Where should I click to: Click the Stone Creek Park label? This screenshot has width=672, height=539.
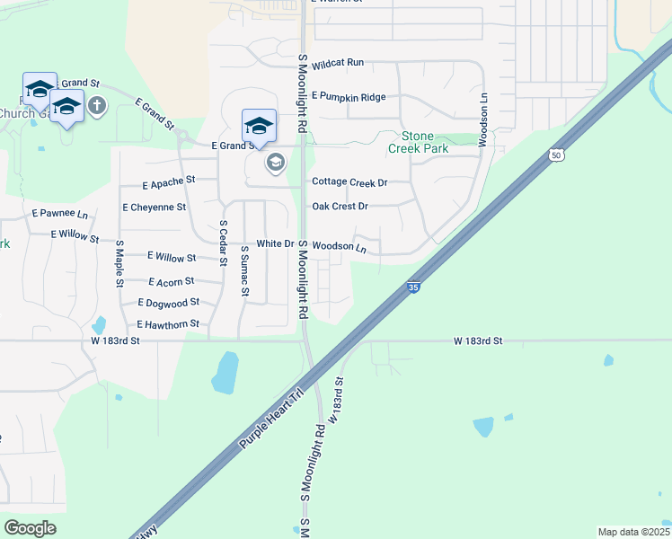(x=417, y=142)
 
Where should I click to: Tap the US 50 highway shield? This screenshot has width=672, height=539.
(x=558, y=155)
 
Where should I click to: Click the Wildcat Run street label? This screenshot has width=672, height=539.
(x=337, y=63)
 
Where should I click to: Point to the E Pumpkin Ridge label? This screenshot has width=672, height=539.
(x=349, y=97)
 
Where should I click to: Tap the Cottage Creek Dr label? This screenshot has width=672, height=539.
(x=349, y=182)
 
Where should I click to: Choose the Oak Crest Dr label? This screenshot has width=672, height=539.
(x=340, y=207)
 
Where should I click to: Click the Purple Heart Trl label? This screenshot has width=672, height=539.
(x=273, y=418)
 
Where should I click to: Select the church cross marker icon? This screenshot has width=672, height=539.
(x=97, y=107)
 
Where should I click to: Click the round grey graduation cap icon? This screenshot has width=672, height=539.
(x=275, y=163)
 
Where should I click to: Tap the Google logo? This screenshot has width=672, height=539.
(x=30, y=528)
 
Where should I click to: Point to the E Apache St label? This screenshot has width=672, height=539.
(x=169, y=181)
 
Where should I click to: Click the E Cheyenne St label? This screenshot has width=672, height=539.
(x=154, y=207)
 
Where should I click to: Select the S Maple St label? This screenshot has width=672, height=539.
(x=119, y=262)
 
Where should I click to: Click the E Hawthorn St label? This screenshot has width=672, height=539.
(x=168, y=324)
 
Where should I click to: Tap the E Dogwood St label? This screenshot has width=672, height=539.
(x=168, y=304)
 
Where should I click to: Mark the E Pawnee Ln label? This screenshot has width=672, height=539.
(x=60, y=214)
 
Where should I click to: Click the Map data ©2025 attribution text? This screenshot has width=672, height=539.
(x=632, y=532)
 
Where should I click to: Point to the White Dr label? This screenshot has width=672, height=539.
(x=275, y=244)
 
